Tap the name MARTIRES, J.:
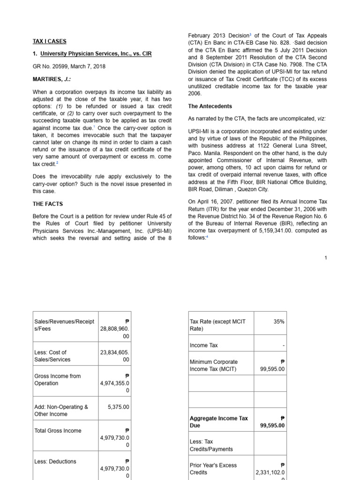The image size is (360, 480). (52, 79)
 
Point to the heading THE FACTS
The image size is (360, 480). (47, 204)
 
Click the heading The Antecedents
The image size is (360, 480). (210, 106)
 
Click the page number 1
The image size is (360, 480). (326, 257)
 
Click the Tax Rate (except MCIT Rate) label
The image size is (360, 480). (217, 325)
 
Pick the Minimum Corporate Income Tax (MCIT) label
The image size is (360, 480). (213, 366)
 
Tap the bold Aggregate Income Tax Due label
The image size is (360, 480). (218, 422)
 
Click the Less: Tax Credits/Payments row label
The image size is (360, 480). (211, 445)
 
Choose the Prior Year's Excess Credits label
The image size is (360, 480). (213, 469)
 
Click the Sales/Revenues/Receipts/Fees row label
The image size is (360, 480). (64, 325)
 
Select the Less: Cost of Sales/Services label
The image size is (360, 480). (52, 356)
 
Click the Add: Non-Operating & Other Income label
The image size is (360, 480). (61, 410)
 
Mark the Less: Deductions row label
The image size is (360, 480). (55, 462)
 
